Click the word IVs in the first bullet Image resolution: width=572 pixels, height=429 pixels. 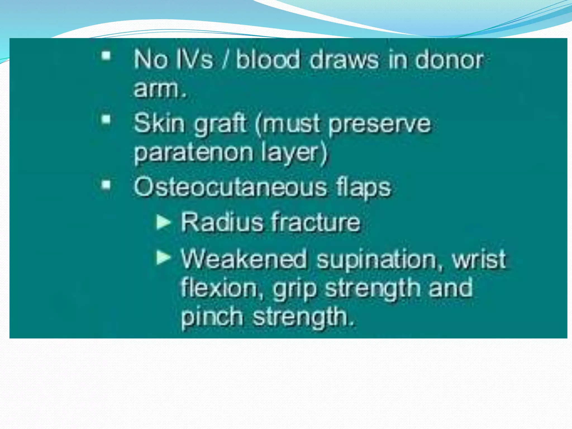click(194, 59)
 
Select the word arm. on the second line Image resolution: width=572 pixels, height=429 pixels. click(160, 89)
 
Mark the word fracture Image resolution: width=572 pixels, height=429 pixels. click(316, 222)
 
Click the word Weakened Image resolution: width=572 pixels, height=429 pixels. click(244, 259)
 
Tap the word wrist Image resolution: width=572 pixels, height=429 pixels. click(479, 259)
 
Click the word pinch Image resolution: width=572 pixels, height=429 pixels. click(212, 317)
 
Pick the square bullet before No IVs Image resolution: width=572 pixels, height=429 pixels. click(106, 56)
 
